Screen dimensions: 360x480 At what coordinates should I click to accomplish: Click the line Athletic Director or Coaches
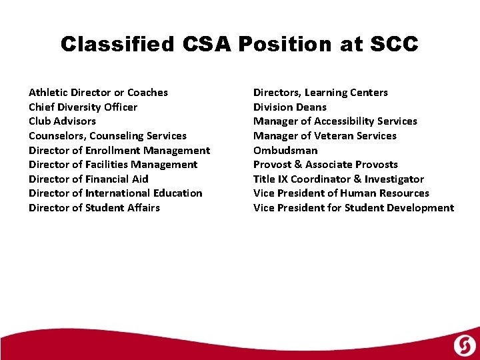click(x=98, y=93)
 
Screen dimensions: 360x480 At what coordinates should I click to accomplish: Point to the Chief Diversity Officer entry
click(x=83, y=107)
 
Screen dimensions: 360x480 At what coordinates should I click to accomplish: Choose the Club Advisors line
click(x=62, y=121)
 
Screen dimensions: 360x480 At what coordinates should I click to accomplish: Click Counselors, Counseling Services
click(x=107, y=136)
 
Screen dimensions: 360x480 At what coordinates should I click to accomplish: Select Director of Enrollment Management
click(x=119, y=150)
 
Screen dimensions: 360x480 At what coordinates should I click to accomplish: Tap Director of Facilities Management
click(x=113, y=165)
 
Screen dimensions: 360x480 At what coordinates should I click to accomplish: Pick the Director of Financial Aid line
click(x=88, y=179)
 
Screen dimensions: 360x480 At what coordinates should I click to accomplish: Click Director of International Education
click(x=115, y=193)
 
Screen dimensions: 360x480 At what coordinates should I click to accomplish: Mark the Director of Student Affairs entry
click(x=94, y=207)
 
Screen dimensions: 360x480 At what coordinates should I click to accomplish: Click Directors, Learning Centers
click(x=320, y=93)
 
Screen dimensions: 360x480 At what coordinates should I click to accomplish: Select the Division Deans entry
click(x=289, y=107)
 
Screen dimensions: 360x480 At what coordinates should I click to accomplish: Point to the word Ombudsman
click(x=285, y=150)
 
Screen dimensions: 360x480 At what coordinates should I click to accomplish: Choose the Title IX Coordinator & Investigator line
click(x=338, y=179)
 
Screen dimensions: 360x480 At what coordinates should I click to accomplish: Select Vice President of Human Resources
click(x=341, y=193)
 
